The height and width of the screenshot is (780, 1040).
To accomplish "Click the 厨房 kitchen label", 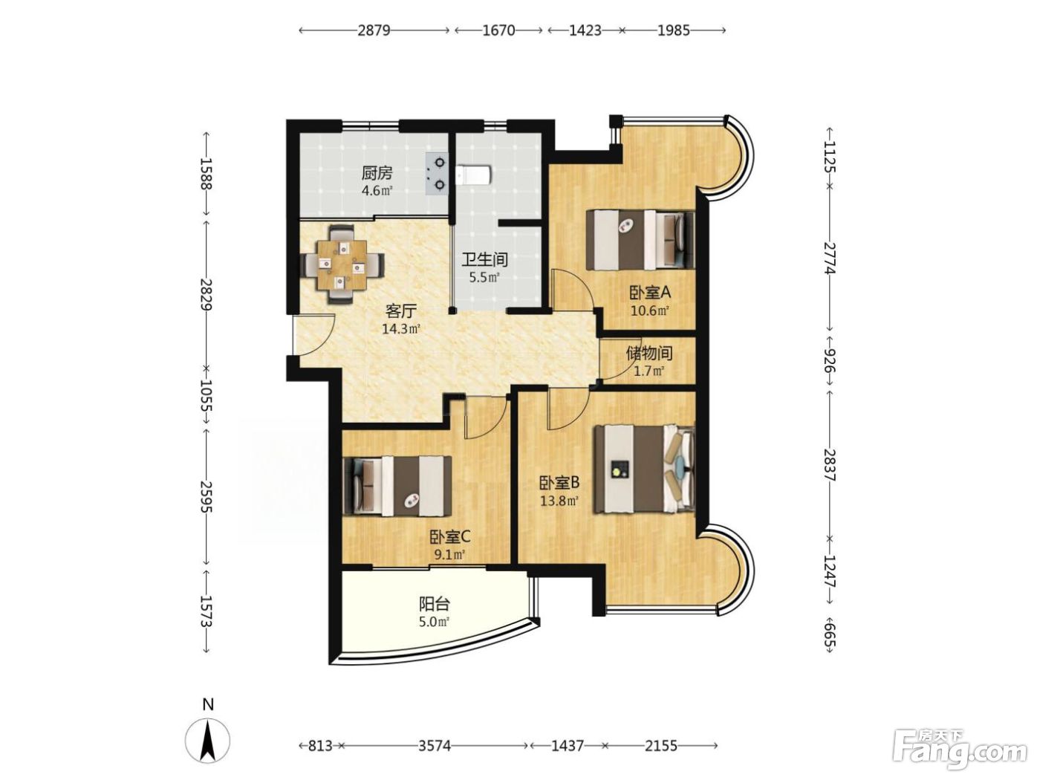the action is [x=377, y=174].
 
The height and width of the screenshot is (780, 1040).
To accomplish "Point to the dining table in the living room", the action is [x=342, y=264].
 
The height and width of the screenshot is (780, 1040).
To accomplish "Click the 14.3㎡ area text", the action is [x=402, y=328].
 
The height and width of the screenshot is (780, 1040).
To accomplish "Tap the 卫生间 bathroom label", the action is [x=484, y=259].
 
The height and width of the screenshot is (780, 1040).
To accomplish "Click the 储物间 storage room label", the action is [x=649, y=354].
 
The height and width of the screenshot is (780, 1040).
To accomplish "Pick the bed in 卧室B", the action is [x=645, y=469].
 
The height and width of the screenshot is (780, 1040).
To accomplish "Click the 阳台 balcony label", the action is [x=434, y=604].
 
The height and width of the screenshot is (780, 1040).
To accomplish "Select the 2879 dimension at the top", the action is [x=374, y=30].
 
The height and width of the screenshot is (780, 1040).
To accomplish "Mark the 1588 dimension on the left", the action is [x=206, y=173].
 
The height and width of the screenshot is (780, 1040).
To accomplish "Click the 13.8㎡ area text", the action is [x=559, y=500].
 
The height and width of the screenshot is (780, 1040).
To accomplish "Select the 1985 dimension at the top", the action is [x=673, y=30].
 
